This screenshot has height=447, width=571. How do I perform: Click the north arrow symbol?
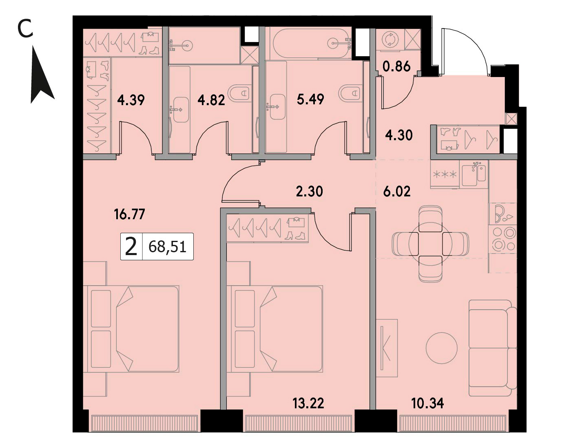[x=42, y=79]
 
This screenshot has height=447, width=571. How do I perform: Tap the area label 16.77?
[x=130, y=214]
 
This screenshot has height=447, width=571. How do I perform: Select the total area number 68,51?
[x=167, y=247]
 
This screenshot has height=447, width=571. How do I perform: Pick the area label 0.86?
[x=396, y=66]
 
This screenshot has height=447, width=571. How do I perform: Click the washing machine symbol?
[x=390, y=40]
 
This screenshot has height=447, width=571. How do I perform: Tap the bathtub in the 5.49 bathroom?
[x=312, y=44]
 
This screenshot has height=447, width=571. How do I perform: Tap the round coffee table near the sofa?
[x=441, y=348]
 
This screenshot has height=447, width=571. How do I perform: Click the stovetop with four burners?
[x=502, y=239]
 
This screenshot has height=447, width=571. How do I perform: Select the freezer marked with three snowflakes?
[x=445, y=174]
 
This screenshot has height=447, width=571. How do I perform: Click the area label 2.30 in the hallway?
[x=309, y=192]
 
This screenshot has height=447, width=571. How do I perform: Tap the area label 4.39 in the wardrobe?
[x=131, y=100]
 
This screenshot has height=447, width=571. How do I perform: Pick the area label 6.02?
[x=397, y=192]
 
